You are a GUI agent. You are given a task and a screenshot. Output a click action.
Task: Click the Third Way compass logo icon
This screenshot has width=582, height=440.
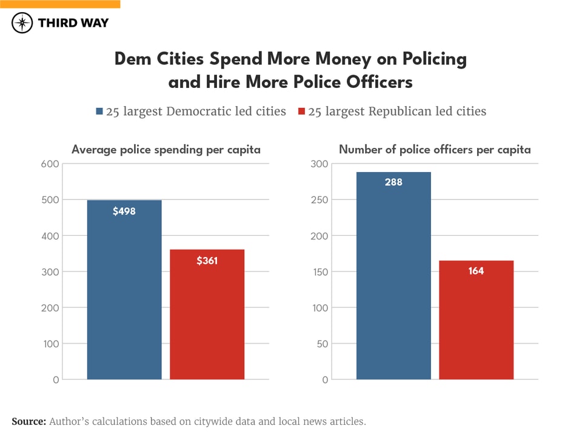click(x=22, y=23)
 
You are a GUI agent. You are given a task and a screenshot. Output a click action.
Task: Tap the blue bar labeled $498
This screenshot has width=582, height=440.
click(x=124, y=291)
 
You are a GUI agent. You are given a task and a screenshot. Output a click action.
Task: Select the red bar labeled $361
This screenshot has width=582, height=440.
click(x=207, y=315)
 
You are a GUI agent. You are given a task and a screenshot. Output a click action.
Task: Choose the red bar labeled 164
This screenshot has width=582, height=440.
click(x=476, y=321)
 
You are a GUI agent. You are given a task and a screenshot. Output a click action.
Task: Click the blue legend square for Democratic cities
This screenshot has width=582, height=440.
click(x=100, y=112)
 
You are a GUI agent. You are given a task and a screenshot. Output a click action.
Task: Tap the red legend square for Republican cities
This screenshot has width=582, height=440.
click(x=301, y=112)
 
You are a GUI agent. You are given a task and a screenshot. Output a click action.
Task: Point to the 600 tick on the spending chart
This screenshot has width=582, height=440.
click(x=51, y=164)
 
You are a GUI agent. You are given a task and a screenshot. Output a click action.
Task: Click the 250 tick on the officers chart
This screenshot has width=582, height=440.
click(x=320, y=200)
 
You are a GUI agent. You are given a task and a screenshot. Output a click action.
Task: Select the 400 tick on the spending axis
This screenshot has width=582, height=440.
click(x=51, y=236)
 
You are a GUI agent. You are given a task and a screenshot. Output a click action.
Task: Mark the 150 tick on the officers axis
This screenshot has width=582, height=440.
click(x=320, y=272)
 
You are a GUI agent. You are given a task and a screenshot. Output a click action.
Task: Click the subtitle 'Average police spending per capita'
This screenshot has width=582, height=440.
click(x=166, y=149)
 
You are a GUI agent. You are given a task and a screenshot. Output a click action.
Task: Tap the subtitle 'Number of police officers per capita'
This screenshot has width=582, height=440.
click(x=435, y=149)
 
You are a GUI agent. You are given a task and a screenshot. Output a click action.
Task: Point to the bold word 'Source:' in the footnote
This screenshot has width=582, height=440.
click(x=28, y=421)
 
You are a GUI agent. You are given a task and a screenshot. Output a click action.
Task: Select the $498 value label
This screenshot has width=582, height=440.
click(x=124, y=212)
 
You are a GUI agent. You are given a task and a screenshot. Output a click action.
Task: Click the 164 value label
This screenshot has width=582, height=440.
click(x=476, y=271)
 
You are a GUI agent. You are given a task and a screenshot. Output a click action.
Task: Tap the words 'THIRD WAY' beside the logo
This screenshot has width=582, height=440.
click(x=73, y=23)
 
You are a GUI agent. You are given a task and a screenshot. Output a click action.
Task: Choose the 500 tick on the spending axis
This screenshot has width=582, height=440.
click(x=51, y=200)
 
